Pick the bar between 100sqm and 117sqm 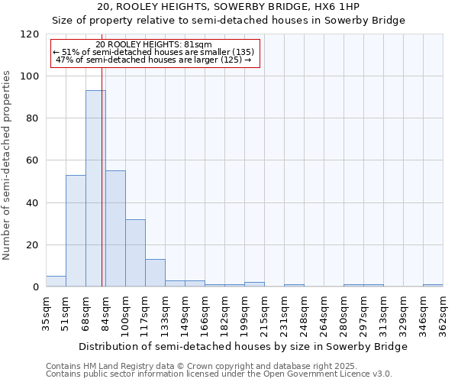[135, 253]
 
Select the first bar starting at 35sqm [56, 281]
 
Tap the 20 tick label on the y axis [33, 245]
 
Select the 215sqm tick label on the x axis [264, 315]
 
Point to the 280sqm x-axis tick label [343, 315]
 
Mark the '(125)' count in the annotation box [231, 59]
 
